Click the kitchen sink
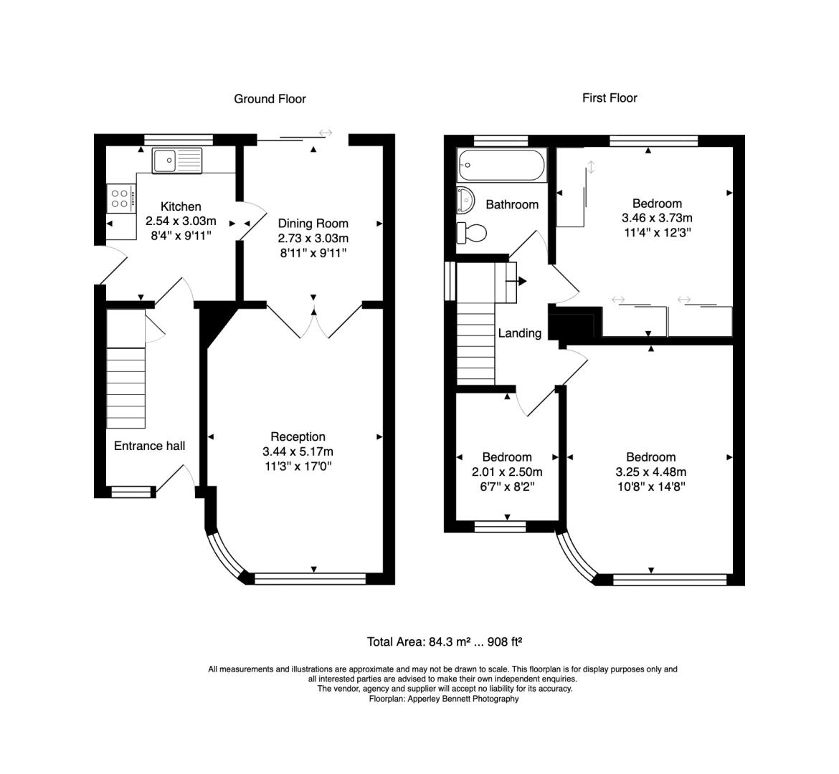(x=177, y=161)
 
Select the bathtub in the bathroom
(x=501, y=165)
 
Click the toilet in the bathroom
(x=471, y=233)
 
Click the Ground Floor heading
(x=270, y=99)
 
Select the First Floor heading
(x=610, y=98)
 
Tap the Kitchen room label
(x=181, y=206)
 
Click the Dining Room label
(x=313, y=224)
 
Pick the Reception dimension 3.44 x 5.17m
(x=298, y=451)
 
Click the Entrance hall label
(x=149, y=446)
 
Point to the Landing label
(x=520, y=333)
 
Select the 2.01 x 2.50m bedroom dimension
(x=507, y=472)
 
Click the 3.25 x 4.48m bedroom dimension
(x=650, y=472)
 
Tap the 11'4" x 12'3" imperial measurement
(x=657, y=233)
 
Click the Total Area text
(x=444, y=641)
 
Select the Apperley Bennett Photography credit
(x=444, y=699)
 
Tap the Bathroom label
(x=512, y=204)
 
